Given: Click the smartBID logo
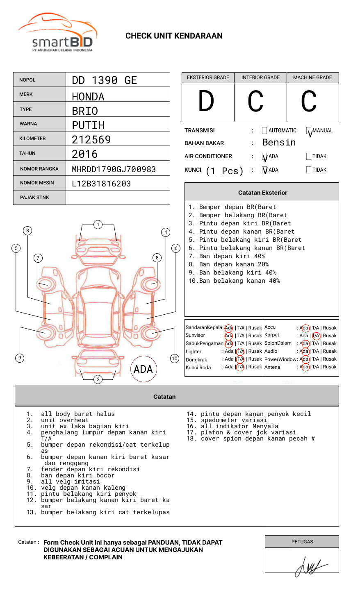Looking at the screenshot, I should click(57, 33).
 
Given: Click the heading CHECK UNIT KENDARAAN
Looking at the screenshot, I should click(174, 36).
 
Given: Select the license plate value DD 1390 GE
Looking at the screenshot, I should click(104, 80).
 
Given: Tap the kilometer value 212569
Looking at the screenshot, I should click(91, 140).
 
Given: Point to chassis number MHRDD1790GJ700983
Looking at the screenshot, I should click(114, 169).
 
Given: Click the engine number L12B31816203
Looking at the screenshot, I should click(101, 184).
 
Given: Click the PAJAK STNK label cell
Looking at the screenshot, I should click(39, 198).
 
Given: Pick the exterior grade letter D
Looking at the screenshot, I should click(206, 101).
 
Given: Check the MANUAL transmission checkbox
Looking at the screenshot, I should click(309, 131).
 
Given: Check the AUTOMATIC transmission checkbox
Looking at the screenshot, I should click(264, 131).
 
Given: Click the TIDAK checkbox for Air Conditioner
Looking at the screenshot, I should click(309, 157).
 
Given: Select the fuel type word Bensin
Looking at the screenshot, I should click(279, 143).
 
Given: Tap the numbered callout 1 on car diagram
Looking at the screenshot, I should click(98, 225).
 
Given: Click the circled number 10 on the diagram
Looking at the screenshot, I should click(175, 359).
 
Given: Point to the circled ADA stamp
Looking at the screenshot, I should click(143, 369).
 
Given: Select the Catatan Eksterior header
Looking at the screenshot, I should click(262, 193).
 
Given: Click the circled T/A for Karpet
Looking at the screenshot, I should click(316, 336).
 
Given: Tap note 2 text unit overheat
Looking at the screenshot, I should click(64, 420).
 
